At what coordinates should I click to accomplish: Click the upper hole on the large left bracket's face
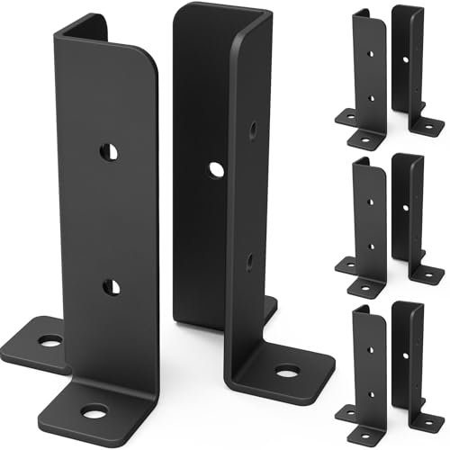[x=109, y=149]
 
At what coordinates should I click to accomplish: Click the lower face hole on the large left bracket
[x=110, y=287]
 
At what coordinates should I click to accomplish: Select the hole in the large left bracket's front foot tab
[x=93, y=412]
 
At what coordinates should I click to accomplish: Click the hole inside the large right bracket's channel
[x=216, y=168]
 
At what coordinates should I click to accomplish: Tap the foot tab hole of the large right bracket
[x=287, y=370]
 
